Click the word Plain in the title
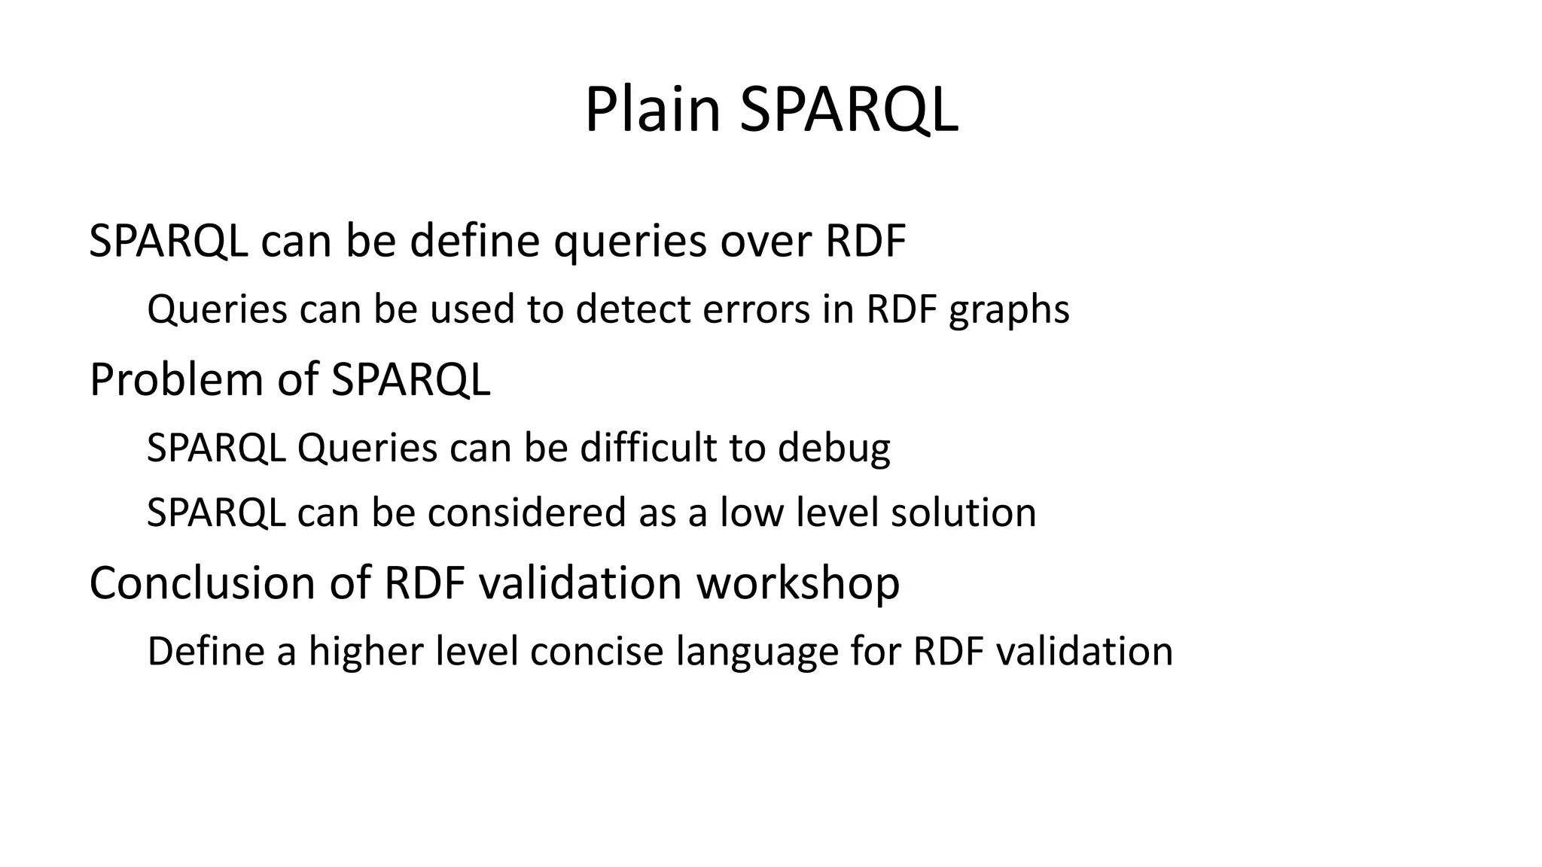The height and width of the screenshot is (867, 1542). pyautogui.click(x=652, y=110)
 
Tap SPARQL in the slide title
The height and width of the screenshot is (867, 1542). pyautogui.click(x=849, y=110)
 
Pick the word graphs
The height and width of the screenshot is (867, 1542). pyautogui.click(x=1009, y=309)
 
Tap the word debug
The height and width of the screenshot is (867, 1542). pyautogui.click(x=833, y=448)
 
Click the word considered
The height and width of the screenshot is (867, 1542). pyautogui.click(x=527, y=513)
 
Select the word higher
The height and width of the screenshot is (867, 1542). pyautogui.click(x=365, y=651)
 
